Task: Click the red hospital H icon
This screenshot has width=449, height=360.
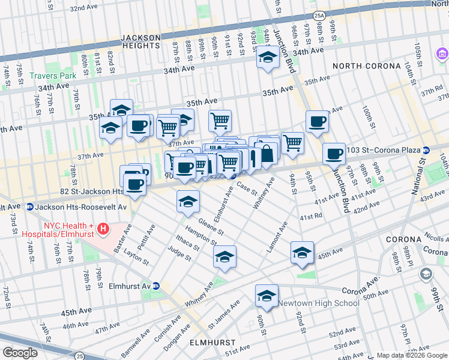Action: point(103,229)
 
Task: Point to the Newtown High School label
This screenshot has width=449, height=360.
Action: point(318,303)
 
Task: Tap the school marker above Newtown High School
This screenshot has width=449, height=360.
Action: point(267,296)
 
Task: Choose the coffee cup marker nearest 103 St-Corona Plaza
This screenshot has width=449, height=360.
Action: point(334,154)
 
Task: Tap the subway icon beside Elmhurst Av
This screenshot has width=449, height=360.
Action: point(155,286)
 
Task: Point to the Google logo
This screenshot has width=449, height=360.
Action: point(19,353)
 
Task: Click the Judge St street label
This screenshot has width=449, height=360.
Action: point(179,254)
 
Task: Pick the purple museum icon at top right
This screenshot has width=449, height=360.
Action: point(442,55)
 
